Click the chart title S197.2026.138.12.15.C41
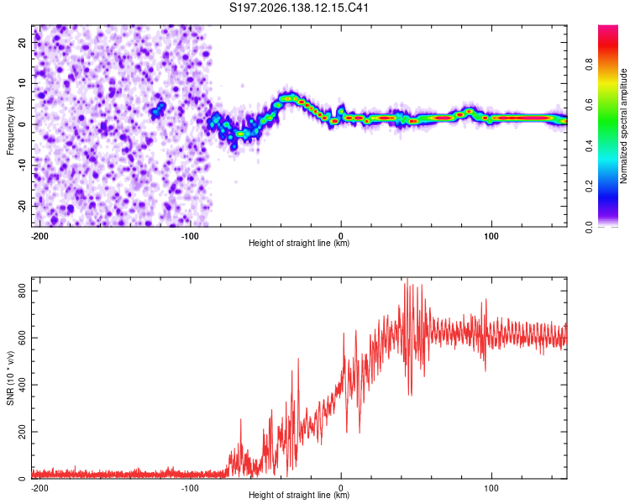[x=299, y=8]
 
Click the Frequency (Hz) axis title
[x=10, y=126]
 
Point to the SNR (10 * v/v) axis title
[x=10, y=378]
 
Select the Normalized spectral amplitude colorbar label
[x=623, y=126]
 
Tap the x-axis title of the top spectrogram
[x=299, y=243]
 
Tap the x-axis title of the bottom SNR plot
[x=299, y=495]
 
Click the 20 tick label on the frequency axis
[x=23, y=42]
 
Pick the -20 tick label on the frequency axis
[x=23, y=206]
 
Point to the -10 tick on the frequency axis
[x=23, y=165]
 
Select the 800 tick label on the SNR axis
[x=23, y=291]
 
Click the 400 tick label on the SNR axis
[x=23, y=385]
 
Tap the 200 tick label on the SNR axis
[x=23, y=432]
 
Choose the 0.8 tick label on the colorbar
[x=589, y=65]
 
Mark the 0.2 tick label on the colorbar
[x=589, y=186]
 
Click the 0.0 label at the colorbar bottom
[x=589, y=228]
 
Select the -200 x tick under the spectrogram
[x=39, y=236]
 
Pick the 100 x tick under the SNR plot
[x=491, y=488]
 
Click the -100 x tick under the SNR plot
[x=190, y=488]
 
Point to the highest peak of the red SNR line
[x=407, y=279]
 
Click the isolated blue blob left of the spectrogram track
[x=158, y=109]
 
